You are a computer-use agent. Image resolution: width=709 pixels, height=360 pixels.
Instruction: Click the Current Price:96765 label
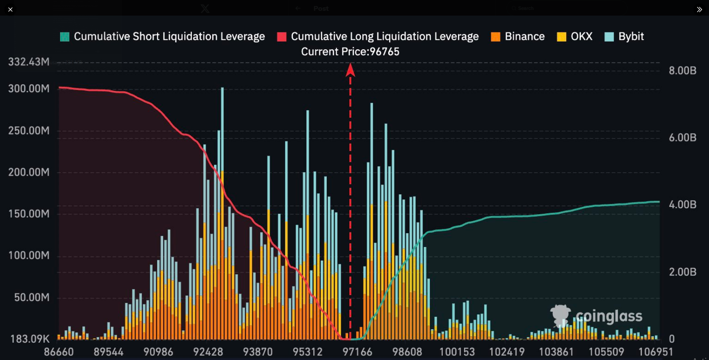pos(350,51)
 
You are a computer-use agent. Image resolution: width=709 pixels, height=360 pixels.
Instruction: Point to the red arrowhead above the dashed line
pos(350,70)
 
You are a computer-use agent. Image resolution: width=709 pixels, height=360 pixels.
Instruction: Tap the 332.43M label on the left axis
pos(29,62)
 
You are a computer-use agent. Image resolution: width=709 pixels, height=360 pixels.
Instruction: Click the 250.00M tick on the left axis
pos(29,131)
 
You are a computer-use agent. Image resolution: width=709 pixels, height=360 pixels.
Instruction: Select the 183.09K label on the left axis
pos(29,339)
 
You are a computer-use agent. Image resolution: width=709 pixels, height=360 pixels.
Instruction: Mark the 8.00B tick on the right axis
pos(682,71)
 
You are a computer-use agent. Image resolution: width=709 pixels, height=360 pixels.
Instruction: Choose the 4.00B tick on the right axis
pos(682,205)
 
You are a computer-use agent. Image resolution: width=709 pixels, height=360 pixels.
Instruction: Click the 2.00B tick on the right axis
pos(682,272)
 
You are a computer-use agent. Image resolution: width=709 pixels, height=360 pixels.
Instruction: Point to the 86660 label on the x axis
pos(59,352)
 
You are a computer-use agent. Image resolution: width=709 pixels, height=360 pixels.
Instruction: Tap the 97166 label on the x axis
pos(357,352)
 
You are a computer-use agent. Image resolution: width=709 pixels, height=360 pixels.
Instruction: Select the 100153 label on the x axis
pos(457,352)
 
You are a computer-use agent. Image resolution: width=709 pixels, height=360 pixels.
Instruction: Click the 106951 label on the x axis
pos(656,352)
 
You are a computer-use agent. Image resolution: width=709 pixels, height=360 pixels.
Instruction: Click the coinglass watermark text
pos(609,316)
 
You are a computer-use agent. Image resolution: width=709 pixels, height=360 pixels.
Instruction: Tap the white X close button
pos(10,9)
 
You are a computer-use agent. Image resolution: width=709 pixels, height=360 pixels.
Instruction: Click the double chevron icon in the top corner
pos(699,9)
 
